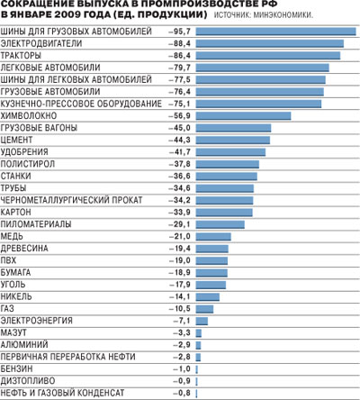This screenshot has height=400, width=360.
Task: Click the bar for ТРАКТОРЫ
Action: [268, 56]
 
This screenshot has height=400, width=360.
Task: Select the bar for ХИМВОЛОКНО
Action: [243, 116]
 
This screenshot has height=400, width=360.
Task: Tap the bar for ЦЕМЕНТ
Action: [233, 140]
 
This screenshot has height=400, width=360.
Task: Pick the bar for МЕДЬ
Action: [213, 237]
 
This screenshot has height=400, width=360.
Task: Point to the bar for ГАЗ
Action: [204, 309]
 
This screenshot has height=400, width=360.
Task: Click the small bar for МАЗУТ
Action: [199, 333]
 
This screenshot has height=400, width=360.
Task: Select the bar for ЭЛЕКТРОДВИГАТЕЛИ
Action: [270, 43]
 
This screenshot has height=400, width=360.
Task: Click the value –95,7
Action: [179, 32]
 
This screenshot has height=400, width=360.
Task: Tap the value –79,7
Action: [179, 68]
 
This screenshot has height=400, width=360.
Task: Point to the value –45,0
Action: [179, 128]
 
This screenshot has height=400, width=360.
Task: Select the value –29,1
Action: [179, 224]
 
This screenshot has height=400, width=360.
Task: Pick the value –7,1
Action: [182, 321]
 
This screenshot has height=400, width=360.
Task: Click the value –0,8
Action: [182, 393]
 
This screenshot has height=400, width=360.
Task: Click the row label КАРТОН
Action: [15, 212]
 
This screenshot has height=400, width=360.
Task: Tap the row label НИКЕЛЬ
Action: [16, 296]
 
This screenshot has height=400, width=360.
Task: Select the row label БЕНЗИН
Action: [17, 368]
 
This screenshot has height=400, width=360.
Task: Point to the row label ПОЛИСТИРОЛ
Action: [28, 164]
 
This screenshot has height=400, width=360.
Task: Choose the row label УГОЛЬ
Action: [13, 285]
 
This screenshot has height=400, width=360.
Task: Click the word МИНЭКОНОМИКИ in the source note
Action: [283, 15]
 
